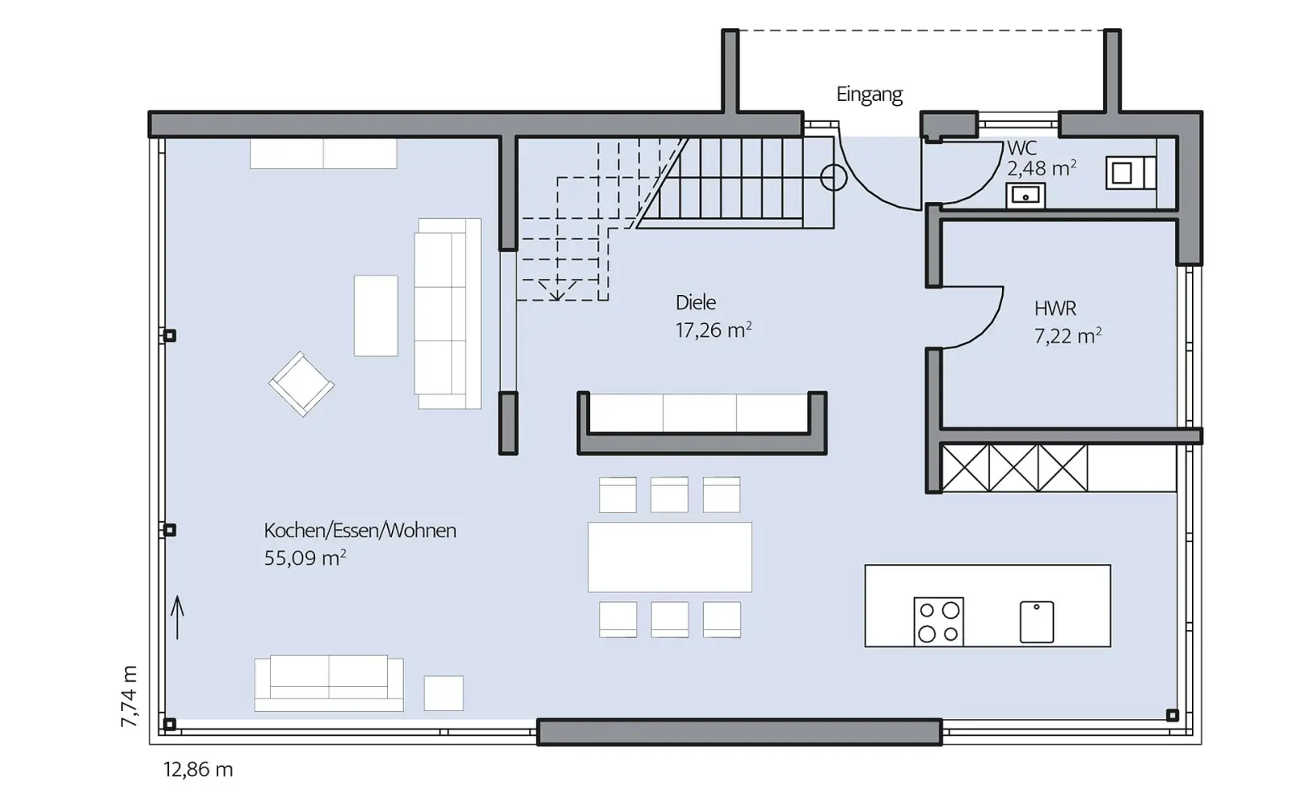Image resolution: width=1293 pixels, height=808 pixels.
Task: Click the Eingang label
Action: click(870, 95)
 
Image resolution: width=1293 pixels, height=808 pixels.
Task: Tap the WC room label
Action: click(1021, 149)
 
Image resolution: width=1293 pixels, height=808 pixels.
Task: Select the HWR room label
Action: click(1055, 309)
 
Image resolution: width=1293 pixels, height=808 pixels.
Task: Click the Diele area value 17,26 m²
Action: click(714, 330)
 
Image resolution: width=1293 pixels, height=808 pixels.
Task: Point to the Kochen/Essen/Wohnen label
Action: click(360, 530)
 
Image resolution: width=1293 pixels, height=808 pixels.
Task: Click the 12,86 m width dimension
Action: click(198, 769)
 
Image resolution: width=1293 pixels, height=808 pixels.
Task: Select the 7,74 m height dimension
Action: click(129, 696)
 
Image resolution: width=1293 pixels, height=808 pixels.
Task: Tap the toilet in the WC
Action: click(1131, 173)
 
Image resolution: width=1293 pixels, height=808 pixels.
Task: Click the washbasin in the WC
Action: click(1026, 195)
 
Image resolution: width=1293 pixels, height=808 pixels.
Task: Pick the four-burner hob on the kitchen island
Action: click(938, 621)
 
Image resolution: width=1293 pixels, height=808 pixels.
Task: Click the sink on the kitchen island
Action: click(1037, 622)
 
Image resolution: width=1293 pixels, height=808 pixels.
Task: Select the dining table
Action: click(670, 557)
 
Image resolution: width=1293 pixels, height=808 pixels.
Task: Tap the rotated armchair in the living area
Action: click(301, 384)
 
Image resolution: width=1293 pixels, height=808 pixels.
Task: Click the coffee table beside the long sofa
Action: click(376, 316)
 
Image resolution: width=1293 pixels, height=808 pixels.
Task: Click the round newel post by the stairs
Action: click(833, 178)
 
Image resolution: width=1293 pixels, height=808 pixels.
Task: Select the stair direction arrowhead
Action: click(557, 291)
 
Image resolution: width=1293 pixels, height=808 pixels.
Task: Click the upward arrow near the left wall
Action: click(177, 617)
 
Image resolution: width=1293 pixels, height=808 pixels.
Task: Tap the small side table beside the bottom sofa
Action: click(444, 693)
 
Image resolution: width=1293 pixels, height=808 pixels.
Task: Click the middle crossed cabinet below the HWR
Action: click(1013, 468)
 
